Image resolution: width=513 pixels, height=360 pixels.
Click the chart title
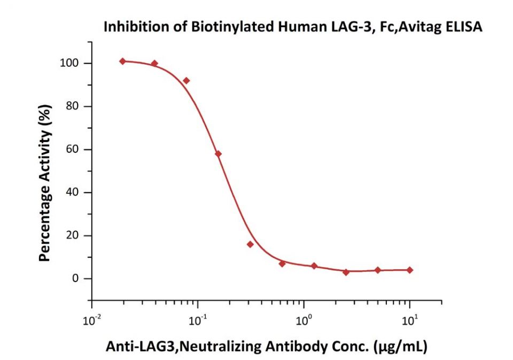[293, 27]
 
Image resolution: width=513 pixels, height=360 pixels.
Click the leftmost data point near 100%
[123, 61]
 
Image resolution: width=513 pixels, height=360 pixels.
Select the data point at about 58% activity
[218, 154]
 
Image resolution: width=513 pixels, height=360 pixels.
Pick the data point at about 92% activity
[186, 81]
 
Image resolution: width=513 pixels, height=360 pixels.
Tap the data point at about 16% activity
[250, 244]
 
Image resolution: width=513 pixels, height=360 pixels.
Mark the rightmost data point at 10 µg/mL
[410, 270]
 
